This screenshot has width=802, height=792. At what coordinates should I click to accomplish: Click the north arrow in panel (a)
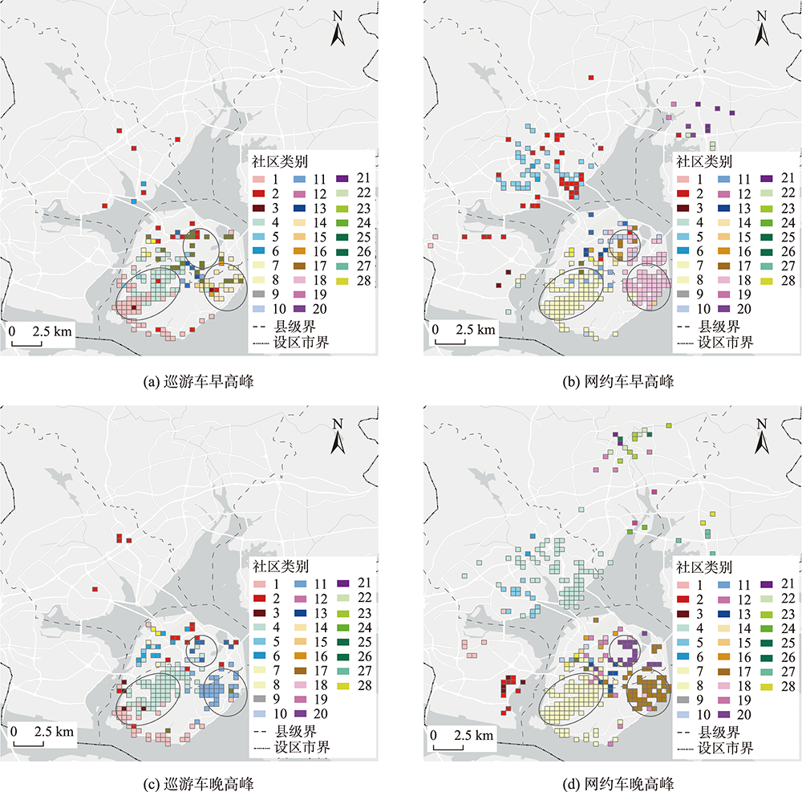point(339,31)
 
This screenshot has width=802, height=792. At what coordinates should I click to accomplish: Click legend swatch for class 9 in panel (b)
point(683,294)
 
